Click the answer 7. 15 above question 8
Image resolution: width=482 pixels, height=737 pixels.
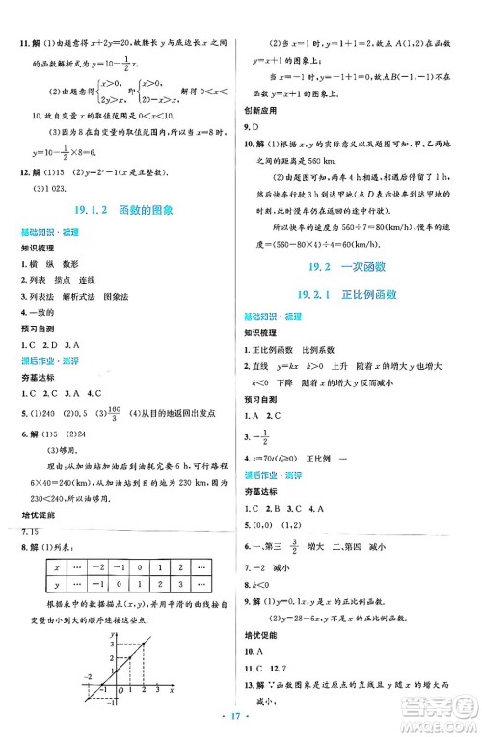point(35,532)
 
